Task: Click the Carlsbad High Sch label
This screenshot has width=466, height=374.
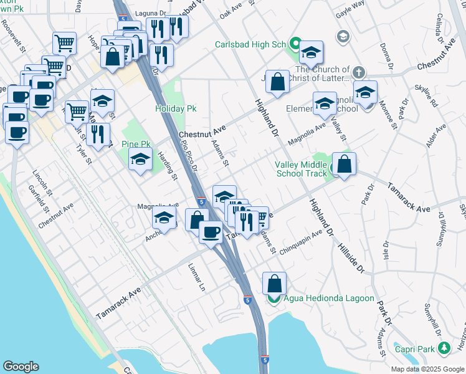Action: pyautogui.click(x=250, y=44)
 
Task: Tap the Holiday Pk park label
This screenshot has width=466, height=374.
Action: pyautogui.click(x=176, y=108)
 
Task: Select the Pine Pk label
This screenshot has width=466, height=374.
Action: pyautogui.click(x=134, y=145)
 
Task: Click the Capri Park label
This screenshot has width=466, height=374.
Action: pyautogui.click(x=417, y=348)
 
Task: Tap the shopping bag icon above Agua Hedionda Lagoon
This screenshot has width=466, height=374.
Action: pyautogui.click(x=274, y=284)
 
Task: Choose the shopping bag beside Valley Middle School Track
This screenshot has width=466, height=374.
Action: pyautogui.click(x=344, y=165)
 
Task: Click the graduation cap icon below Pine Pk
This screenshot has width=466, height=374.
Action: pyautogui.click(x=141, y=160)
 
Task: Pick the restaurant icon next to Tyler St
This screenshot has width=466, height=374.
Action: pyautogui.click(x=98, y=135)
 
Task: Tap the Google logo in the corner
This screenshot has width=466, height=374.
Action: pyautogui.click(x=21, y=366)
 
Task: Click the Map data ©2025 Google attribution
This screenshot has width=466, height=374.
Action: pyautogui.click(x=427, y=369)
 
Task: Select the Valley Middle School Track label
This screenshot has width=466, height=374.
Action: pyautogui.click(x=301, y=169)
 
